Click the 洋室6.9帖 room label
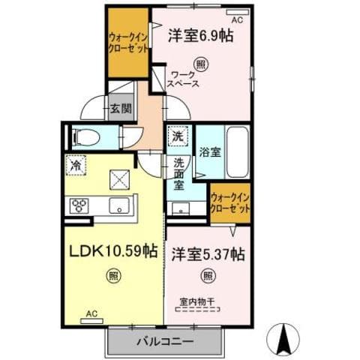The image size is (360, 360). click(200, 35)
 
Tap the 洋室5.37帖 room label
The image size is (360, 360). click(208, 254)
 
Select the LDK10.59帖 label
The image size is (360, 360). click(113, 250)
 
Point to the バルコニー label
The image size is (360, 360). click(165, 341)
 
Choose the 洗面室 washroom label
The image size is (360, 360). click(180, 174)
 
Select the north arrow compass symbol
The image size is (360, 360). click(284, 337)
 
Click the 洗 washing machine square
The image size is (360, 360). click(178, 138)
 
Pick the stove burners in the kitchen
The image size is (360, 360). click(80, 205)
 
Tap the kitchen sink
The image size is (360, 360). click(117, 205)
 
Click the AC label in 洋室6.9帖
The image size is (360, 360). click(237, 20)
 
